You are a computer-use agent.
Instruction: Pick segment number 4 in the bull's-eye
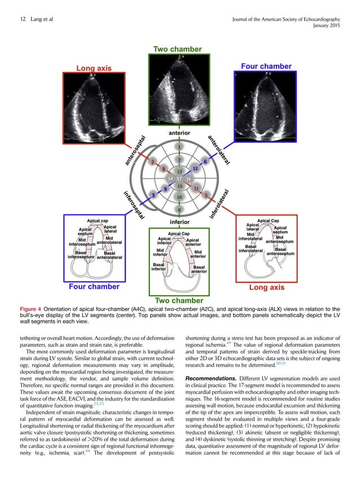[179, 210]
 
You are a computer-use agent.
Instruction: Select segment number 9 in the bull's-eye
[165, 188]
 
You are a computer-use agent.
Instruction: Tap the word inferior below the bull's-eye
[179, 222]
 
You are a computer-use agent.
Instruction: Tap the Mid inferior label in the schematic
[161, 252]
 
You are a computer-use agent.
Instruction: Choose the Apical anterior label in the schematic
[197, 242]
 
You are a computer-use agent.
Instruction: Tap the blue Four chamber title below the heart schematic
[94, 287]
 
